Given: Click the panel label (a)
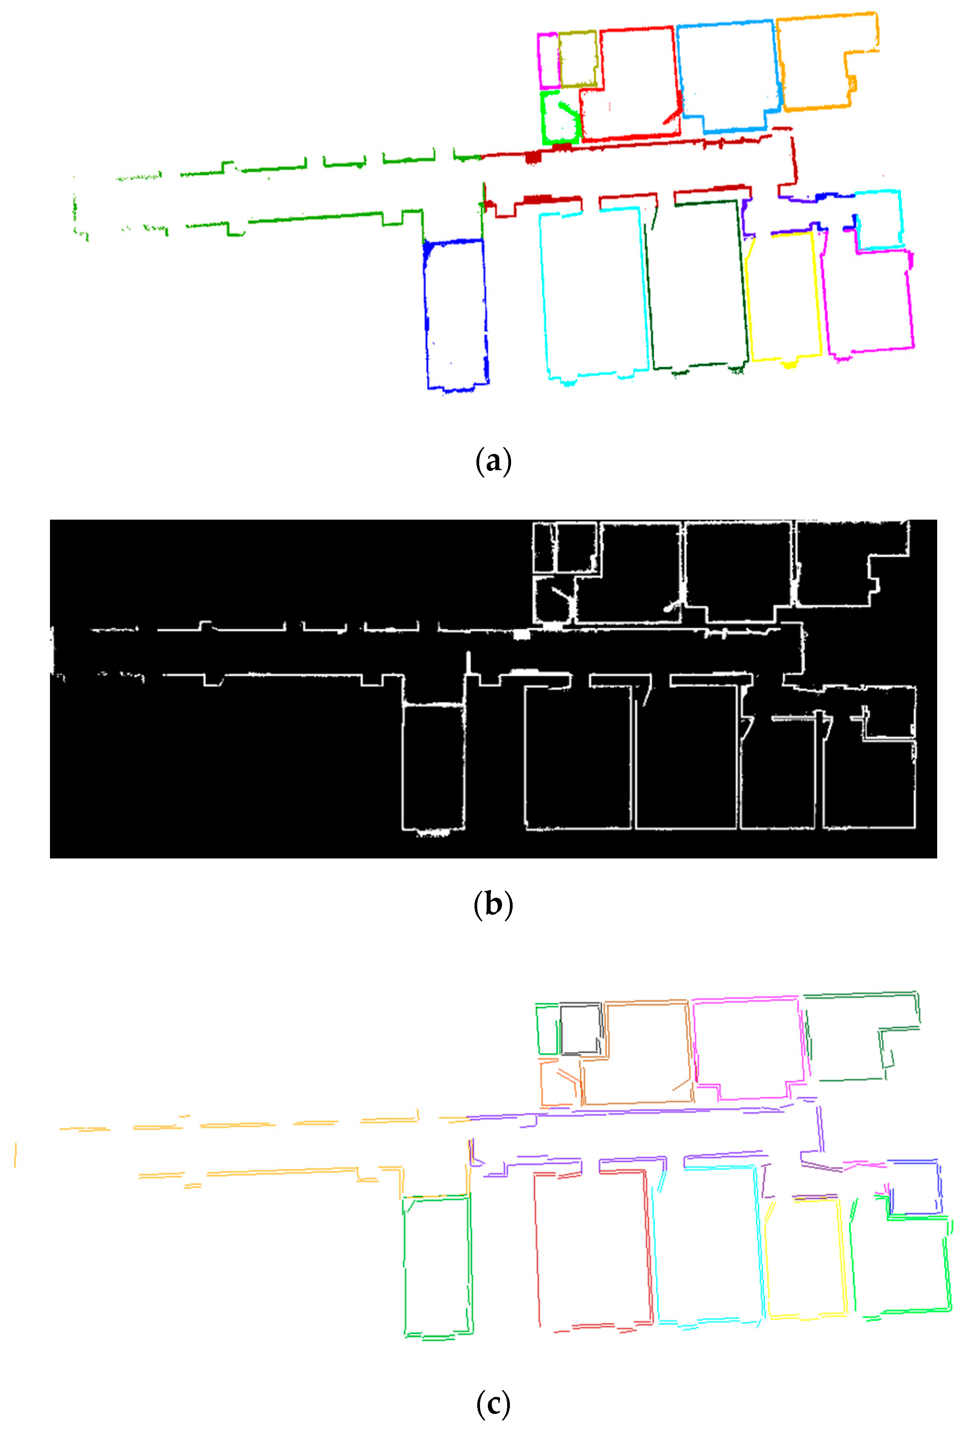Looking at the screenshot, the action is [493, 461].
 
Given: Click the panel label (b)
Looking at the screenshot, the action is [493, 904].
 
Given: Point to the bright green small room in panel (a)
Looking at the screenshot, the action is [543, 117].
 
